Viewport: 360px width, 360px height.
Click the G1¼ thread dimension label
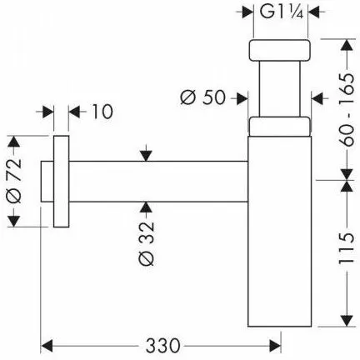coord(281,12)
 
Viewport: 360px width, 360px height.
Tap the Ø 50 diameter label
coord(202,97)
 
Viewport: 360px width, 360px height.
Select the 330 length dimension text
coord(163,346)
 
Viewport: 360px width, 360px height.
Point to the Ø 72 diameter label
coord(14,181)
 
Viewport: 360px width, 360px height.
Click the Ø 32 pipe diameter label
coord(146,243)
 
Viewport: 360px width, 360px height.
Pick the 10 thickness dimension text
coord(102,112)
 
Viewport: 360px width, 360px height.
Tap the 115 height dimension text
coord(347,248)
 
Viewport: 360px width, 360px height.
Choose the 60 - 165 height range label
coord(347,110)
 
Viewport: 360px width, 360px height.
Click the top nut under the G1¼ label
coord(279,50)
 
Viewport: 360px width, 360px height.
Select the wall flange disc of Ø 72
coord(61,182)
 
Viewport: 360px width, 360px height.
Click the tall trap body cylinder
coord(279,231)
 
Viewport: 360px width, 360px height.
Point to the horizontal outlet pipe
coord(158,182)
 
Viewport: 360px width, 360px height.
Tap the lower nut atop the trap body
coord(279,127)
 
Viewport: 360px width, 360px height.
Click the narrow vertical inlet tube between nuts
coord(280,88)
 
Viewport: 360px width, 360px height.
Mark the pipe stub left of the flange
coord(47,182)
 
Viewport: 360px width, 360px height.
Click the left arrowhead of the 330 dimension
coord(47,346)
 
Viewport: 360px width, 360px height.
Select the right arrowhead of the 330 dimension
coord(275,346)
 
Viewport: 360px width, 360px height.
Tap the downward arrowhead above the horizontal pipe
coord(146,156)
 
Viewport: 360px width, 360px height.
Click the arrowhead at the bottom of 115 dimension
coord(347,321)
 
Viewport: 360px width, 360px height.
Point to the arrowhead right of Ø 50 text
coord(242,98)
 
